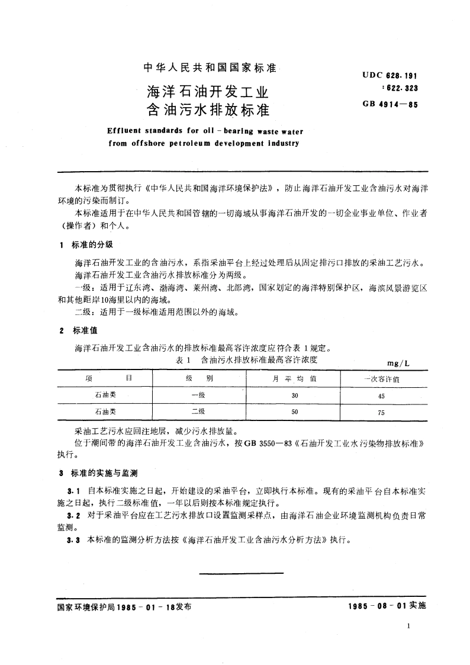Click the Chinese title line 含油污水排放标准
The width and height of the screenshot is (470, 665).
207,110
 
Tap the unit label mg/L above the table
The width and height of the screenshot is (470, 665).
394,362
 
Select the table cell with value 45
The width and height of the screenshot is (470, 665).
381,396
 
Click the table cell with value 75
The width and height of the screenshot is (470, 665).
381,413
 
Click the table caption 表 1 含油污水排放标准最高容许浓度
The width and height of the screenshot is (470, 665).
252,359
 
